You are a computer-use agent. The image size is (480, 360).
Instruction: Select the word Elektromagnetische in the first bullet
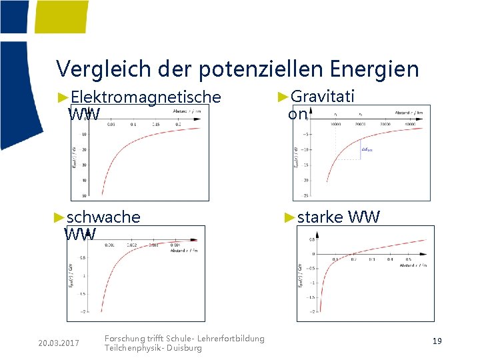145,97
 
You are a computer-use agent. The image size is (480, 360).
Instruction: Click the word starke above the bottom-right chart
320,217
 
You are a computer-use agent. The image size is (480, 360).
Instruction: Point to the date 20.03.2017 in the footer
59,343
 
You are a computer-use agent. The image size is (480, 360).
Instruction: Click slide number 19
437,341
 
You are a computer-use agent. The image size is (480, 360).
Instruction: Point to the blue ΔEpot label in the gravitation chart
366,151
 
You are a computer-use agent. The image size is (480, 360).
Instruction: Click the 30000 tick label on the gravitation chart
385,124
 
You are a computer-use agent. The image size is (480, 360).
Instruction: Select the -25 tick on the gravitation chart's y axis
306,195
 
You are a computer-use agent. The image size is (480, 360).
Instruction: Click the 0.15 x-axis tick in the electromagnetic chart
157,124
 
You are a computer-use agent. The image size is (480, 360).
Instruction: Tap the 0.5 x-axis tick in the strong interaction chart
409,260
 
